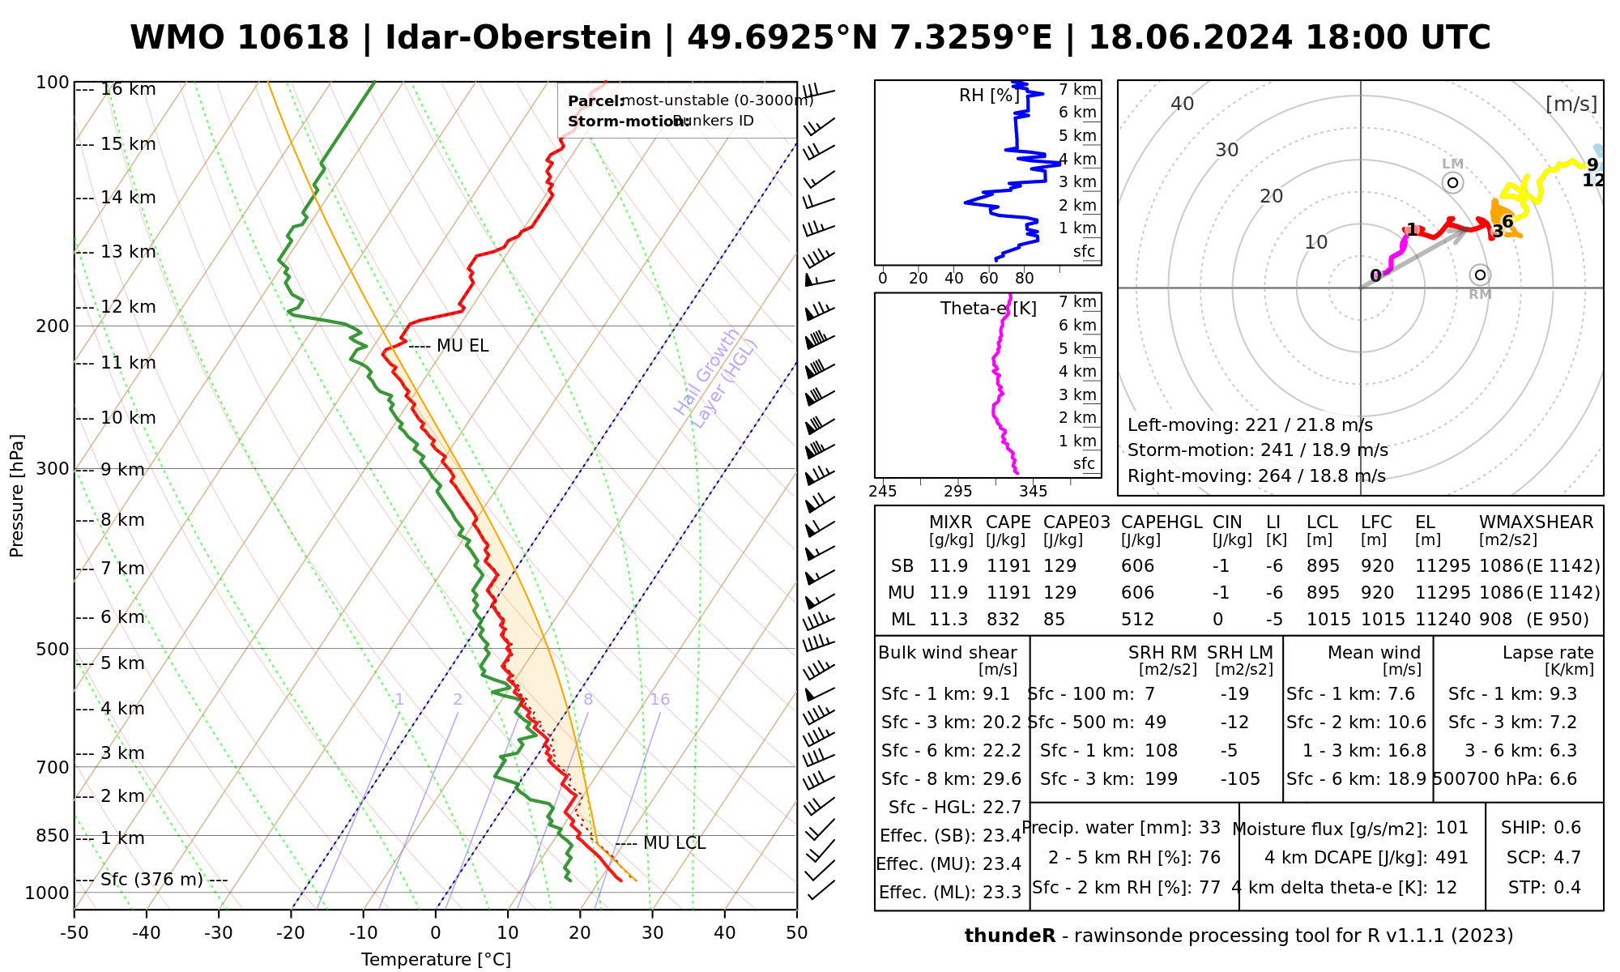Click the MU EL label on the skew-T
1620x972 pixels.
[x=463, y=346]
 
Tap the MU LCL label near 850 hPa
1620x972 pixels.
[x=674, y=843]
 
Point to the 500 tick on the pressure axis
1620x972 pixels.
[x=53, y=649]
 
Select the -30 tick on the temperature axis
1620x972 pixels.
[x=219, y=932]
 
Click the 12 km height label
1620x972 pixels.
[x=128, y=307]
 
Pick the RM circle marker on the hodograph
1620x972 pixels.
[x=1480, y=275]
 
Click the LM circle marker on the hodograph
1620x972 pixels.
[x=1453, y=182]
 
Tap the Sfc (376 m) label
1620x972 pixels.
[x=151, y=880]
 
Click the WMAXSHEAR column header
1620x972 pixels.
[x=1536, y=522]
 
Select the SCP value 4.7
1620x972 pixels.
[x=1566, y=857]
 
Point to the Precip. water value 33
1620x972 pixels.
[x=1209, y=828]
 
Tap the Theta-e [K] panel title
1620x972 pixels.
[x=987, y=309]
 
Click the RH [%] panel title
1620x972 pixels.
[x=988, y=96]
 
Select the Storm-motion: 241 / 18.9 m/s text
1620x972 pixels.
[x=1257, y=450]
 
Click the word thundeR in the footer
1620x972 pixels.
[x=1009, y=936]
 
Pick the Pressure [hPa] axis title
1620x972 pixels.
[x=17, y=496]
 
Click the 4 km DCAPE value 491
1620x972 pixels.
[x=1452, y=857]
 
